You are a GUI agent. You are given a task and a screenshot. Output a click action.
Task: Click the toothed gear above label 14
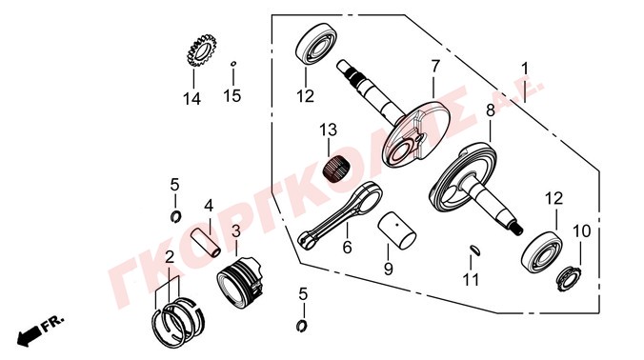[x=201, y=50]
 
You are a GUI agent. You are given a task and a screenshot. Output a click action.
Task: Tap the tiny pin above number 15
[x=233, y=63]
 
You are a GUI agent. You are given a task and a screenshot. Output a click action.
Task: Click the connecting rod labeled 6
[x=340, y=214]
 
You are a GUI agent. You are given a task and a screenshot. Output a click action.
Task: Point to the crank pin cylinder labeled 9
[x=396, y=230]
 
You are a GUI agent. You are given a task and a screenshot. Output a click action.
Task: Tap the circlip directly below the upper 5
[x=176, y=216]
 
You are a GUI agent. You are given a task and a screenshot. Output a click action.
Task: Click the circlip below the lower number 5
[x=302, y=326]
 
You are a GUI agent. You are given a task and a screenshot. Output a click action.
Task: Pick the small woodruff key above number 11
[x=474, y=250]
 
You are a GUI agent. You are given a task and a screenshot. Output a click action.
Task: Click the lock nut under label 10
[x=568, y=278]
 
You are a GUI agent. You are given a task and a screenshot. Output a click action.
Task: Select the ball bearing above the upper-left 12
[x=316, y=44]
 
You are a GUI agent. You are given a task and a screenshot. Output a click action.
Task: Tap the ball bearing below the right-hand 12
[x=542, y=253]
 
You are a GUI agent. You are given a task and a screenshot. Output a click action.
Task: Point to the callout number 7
[x=435, y=67]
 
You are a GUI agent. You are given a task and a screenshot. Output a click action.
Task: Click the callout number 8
[x=491, y=110]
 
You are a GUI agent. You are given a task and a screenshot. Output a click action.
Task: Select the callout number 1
[x=525, y=69]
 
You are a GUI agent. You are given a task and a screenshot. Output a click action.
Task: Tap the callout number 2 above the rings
[x=170, y=257]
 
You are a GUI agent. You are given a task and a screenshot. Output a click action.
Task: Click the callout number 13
[x=328, y=130]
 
